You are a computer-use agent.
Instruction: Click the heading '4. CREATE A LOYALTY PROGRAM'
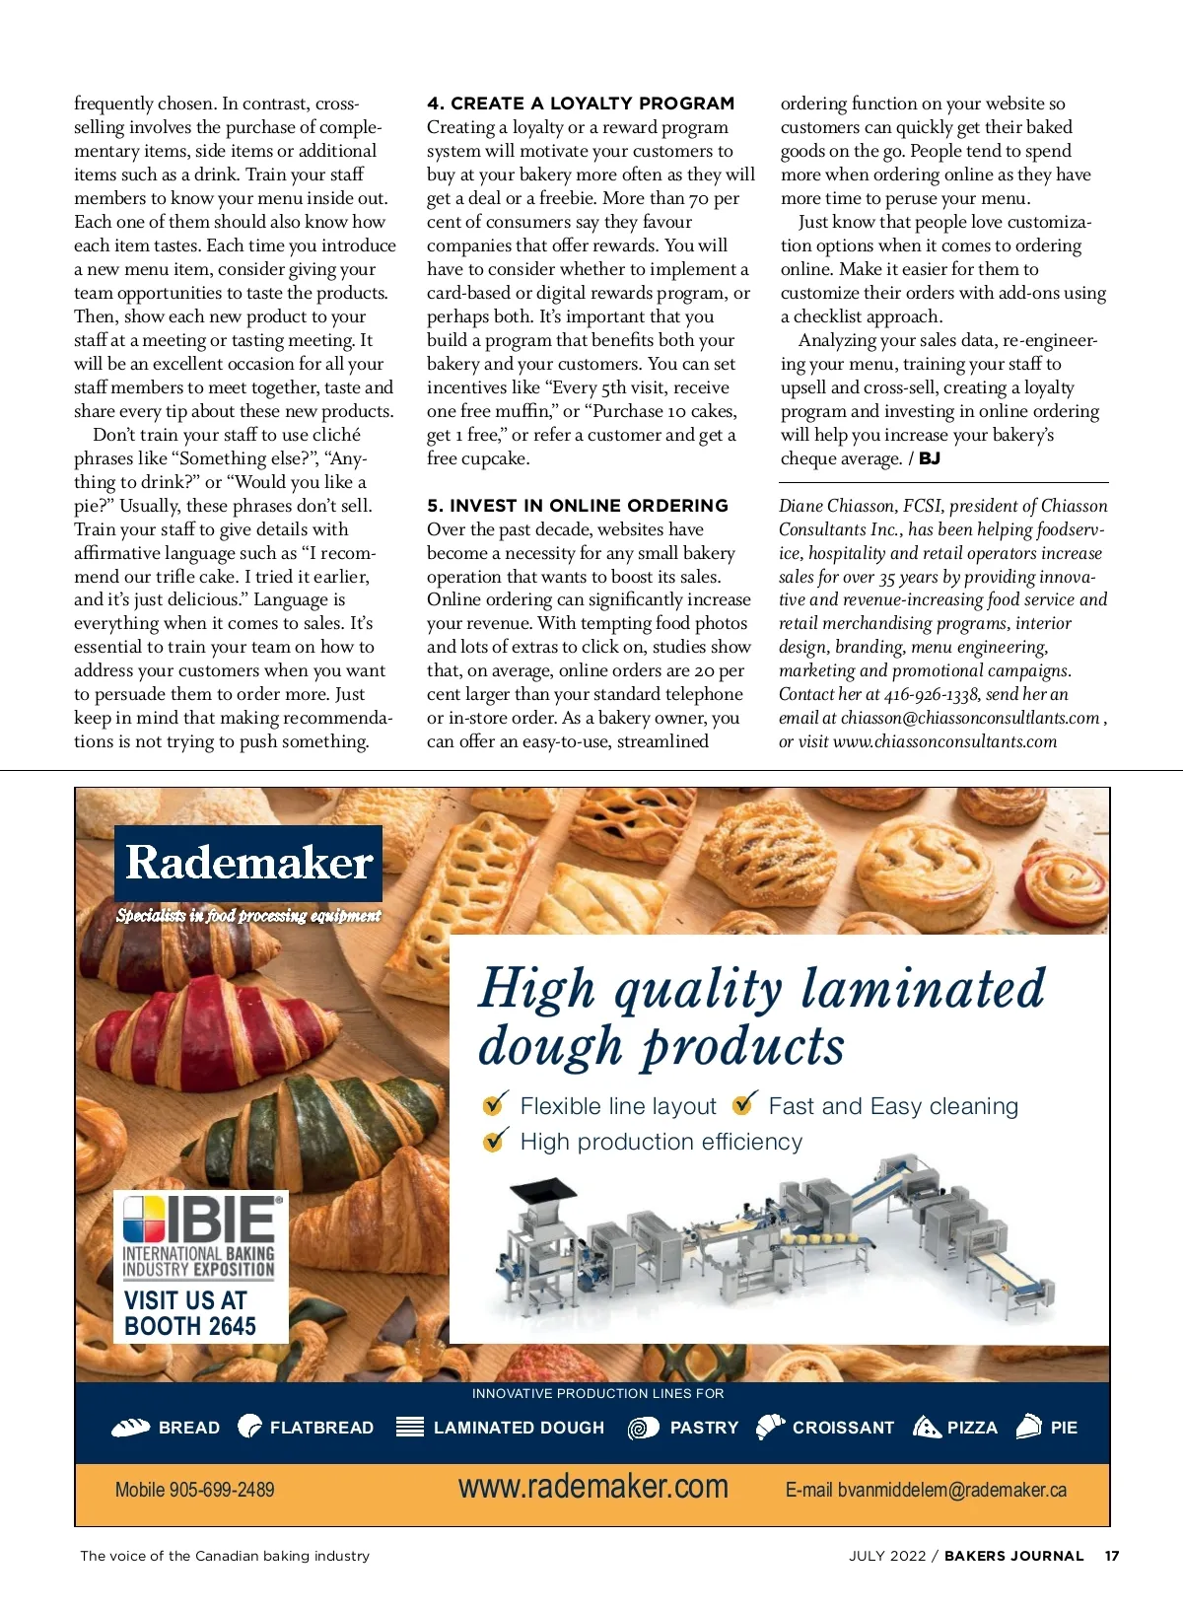pyautogui.click(x=581, y=104)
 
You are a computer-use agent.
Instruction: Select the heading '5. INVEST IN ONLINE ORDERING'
pyautogui.click(x=577, y=506)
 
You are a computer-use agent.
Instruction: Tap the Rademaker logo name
pyautogui.click(x=248, y=863)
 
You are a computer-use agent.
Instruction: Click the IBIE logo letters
pyautogui.click(x=221, y=1220)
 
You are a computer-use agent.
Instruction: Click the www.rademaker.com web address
pyautogui.click(x=592, y=1487)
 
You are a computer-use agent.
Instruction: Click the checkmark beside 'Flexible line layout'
pyautogui.click(x=495, y=1104)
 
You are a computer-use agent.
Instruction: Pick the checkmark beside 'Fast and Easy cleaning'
pyautogui.click(x=745, y=1103)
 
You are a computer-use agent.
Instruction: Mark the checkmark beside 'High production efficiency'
pyautogui.click(x=495, y=1141)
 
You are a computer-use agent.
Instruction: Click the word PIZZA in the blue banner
pyautogui.click(x=972, y=1428)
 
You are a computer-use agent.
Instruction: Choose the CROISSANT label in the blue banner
pyautogui.click(x=843, y=1428)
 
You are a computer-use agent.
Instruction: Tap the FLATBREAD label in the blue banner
pyautogui.click(x=321, y=1428)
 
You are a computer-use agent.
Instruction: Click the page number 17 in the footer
pyautogui.click(x=1112, y=1556)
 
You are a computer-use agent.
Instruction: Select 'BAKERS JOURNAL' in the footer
pyautogui.click(x=1013, y=1556)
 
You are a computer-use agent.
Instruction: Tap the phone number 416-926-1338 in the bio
pyautogui.click(x=931, y=694)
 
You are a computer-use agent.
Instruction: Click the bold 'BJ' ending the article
pyautogui.click(x=930, y=458)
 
